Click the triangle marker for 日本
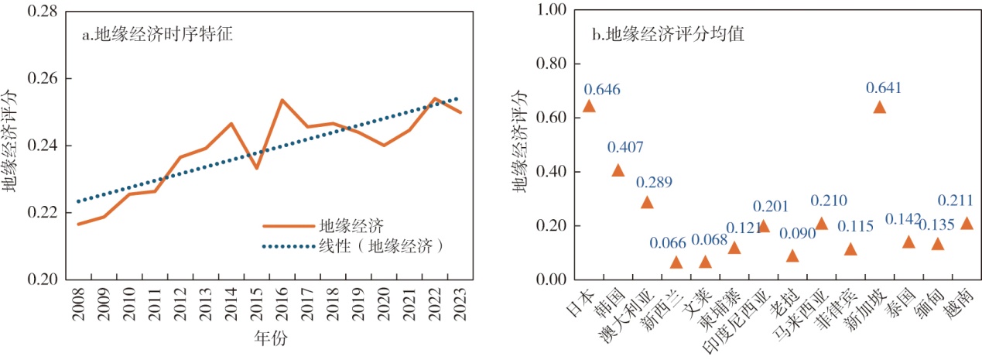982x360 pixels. [589, 106]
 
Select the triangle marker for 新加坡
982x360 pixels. [879, 107]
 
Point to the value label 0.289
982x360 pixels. [654, 183]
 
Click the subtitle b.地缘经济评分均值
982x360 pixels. [667, 35]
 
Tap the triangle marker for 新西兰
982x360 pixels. [676, 262]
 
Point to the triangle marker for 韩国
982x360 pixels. [618, 170]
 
